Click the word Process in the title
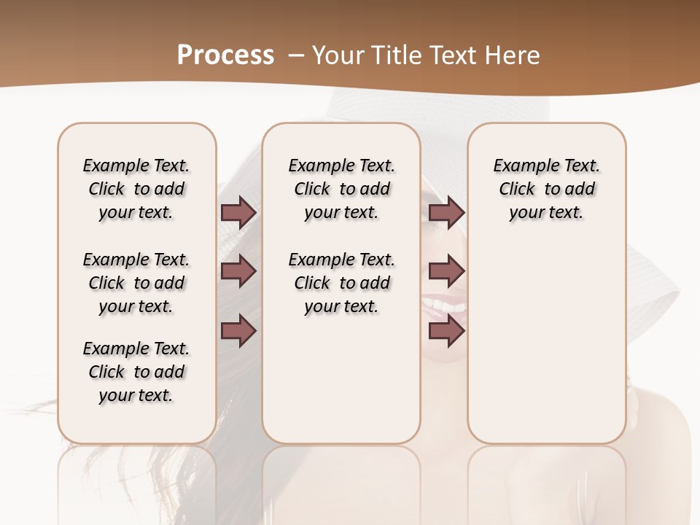pyautogui.click(x=225, y=55)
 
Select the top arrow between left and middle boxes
pyautogui.click(x=238, y=212)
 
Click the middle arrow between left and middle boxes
pyautogui.click(x=238, y=271)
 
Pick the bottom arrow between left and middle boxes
pyautogui.click(x=238, y=330)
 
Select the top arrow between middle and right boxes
pyautogui.click(x=446, y=212)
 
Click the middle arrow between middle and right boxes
pyautogui.click(x=446, y=271)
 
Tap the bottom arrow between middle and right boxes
pyautogui.click(x=446, y=330)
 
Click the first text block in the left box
pyautogui.click(x=136, y=189)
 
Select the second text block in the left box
pyautogui.click(x=136, y=283)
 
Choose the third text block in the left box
pyautogui.click(x=136, y=372)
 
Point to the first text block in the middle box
pyautogui.click(x=341, y=189)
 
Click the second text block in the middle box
pyautogui.click(x=341, y=283)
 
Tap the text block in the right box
pyautogui.click(x=546, y=189)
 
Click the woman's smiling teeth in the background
pyautogui.click(x=444, y=303)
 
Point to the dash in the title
pyautogui.click(x=296, y=55)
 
